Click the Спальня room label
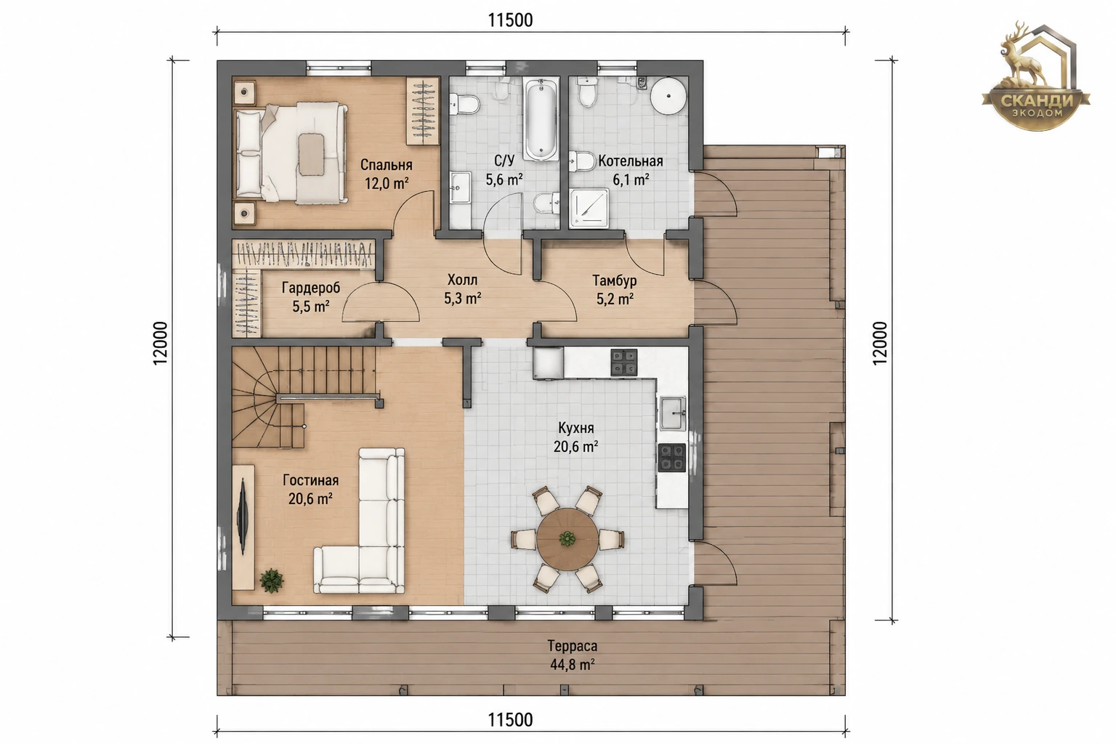click(x=386, y=165)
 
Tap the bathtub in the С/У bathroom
click(x=541, y=118)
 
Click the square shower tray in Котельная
click(x=589, y=207)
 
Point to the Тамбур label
click(x=614, y=280)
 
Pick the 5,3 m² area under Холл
click(x=462, y=299)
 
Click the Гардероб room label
click(x=311, y=288)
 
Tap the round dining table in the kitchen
click(x=567, y=538)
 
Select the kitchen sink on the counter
click(x=673, y=413)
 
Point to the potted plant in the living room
click(x=272, y=580)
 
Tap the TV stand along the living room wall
click(x=243, y=527)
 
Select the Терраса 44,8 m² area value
click(x=573, y=664)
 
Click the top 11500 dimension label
click(x=510, y=20)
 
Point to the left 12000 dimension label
click(x=161, y=343)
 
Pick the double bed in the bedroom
click(x=290, y=153)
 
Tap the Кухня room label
click(x=576, y=428)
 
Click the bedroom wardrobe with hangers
click(x=422, y=111)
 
